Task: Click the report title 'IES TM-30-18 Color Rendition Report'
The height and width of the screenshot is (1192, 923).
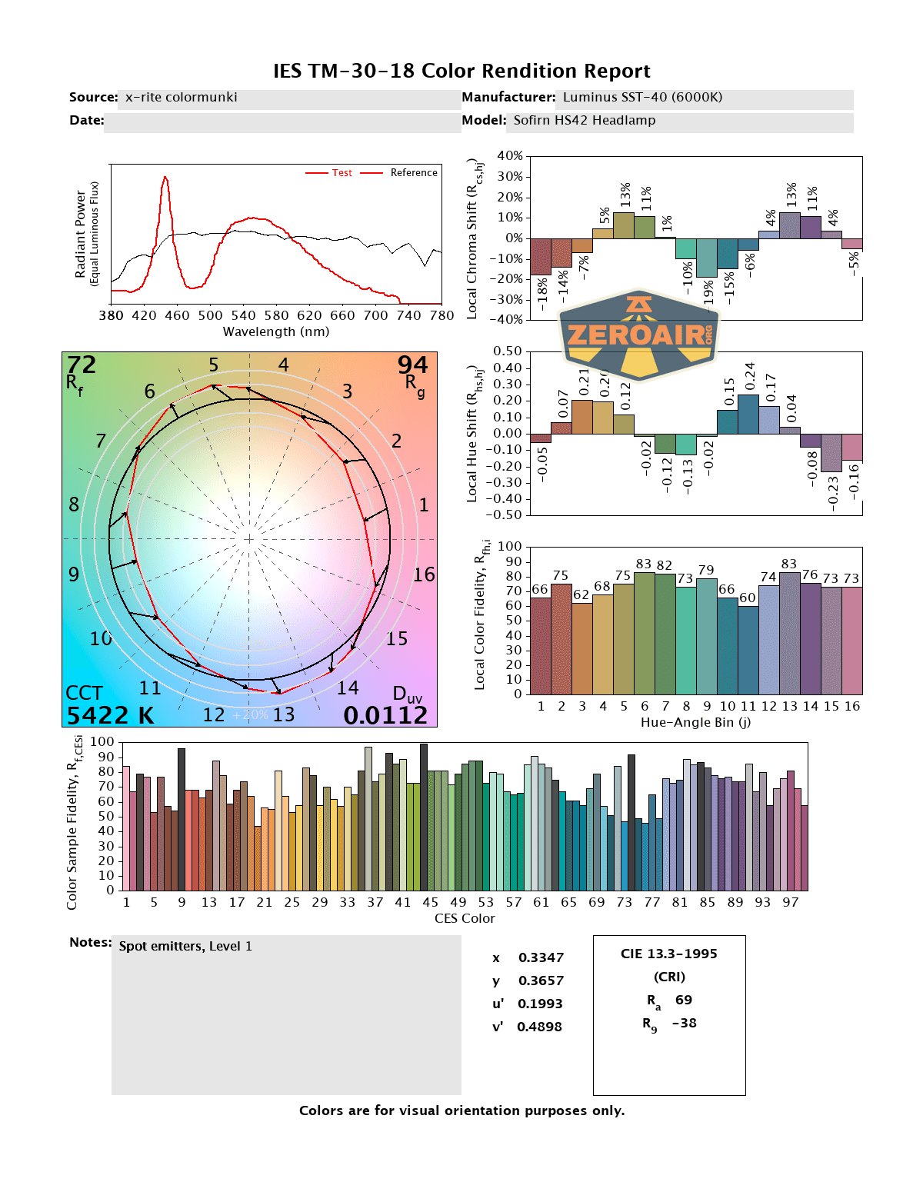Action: [461, 72]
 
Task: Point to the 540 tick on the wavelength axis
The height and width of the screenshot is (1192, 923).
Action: [243, 315]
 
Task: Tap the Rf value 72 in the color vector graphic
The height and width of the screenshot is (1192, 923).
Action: [82, 365]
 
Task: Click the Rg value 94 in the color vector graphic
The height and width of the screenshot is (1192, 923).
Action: [412, 365]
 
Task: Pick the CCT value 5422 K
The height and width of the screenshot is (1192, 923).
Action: [110, 716]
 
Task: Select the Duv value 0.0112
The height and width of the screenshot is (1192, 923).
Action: [385, 716]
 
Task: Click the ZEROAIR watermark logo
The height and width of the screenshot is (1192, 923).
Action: [638, 335]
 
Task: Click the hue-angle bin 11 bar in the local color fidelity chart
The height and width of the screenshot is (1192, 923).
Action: [748, 650]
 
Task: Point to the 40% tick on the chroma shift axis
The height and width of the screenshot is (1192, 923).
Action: [510, 156]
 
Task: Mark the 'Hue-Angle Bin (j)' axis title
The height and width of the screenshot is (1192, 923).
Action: [695, 722]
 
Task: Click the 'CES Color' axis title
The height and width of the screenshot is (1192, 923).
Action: [465, 918]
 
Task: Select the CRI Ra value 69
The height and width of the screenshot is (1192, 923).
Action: [684, 1000]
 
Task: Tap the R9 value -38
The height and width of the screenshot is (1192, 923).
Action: [684, 1023]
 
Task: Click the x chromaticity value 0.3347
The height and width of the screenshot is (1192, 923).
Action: [541, 957]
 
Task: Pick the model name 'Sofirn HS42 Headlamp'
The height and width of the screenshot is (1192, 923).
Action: [585, 121]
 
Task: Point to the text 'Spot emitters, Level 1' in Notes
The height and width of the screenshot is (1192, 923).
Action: [185, 947]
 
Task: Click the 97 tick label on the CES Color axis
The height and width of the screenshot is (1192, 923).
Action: [790, 902]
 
